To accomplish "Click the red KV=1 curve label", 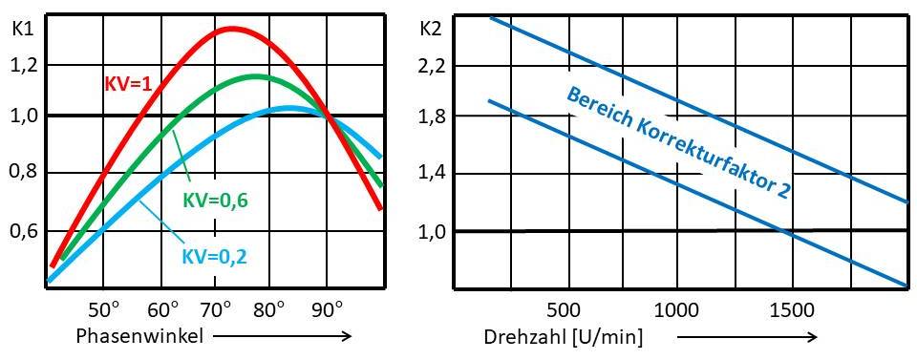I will click(x=129, y=84).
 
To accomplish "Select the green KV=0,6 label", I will click(x=215, y=200).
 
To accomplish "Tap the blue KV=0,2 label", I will click(x=215, y=256).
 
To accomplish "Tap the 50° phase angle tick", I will click(x=103, y=309).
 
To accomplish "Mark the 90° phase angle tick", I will click(x=328, y=309).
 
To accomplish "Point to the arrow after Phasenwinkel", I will click(x=283, y=335).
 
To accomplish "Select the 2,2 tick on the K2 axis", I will click(x=433, y=66).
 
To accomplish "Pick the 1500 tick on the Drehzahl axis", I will click(x=792, y=309).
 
